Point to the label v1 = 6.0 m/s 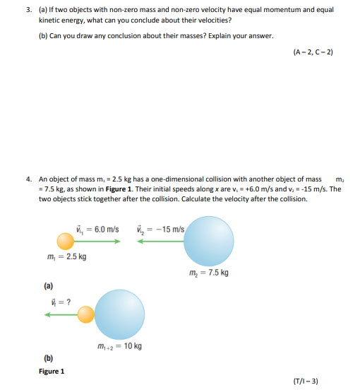[x=97, y=230]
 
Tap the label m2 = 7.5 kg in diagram [x=209, y=272]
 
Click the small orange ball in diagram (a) [x=66, y=242]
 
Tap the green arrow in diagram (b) [x=61, y=314]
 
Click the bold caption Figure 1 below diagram [x=52, y=371]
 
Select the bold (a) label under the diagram [x=48, y=286]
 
